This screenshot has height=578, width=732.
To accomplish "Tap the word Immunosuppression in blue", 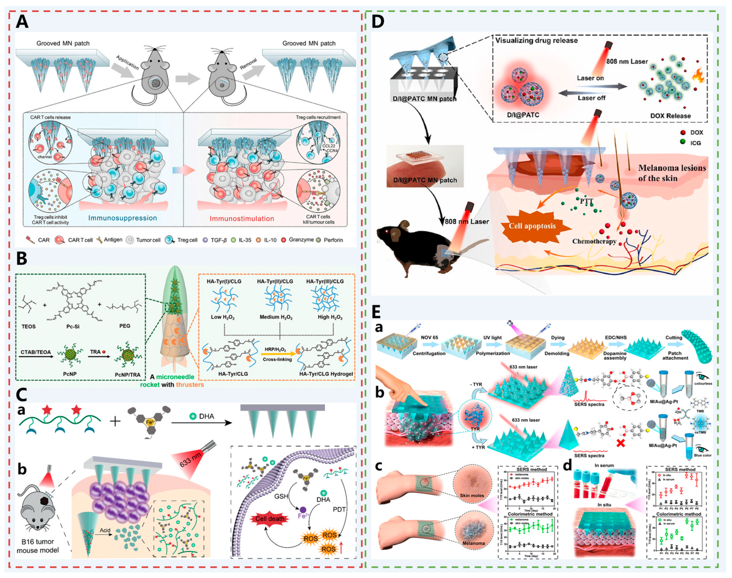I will point(123,218).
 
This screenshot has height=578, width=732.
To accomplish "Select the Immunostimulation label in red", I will point(242,219).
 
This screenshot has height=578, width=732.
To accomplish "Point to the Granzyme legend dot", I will point(284,240).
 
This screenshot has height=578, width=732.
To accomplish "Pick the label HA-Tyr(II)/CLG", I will point(275,281).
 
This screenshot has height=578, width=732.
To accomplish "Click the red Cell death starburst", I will point(270,518).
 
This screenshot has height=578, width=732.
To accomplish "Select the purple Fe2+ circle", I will point(303,510).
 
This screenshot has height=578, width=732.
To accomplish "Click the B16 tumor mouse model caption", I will point(38,546).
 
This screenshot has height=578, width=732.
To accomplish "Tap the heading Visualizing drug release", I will point(537,41).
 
